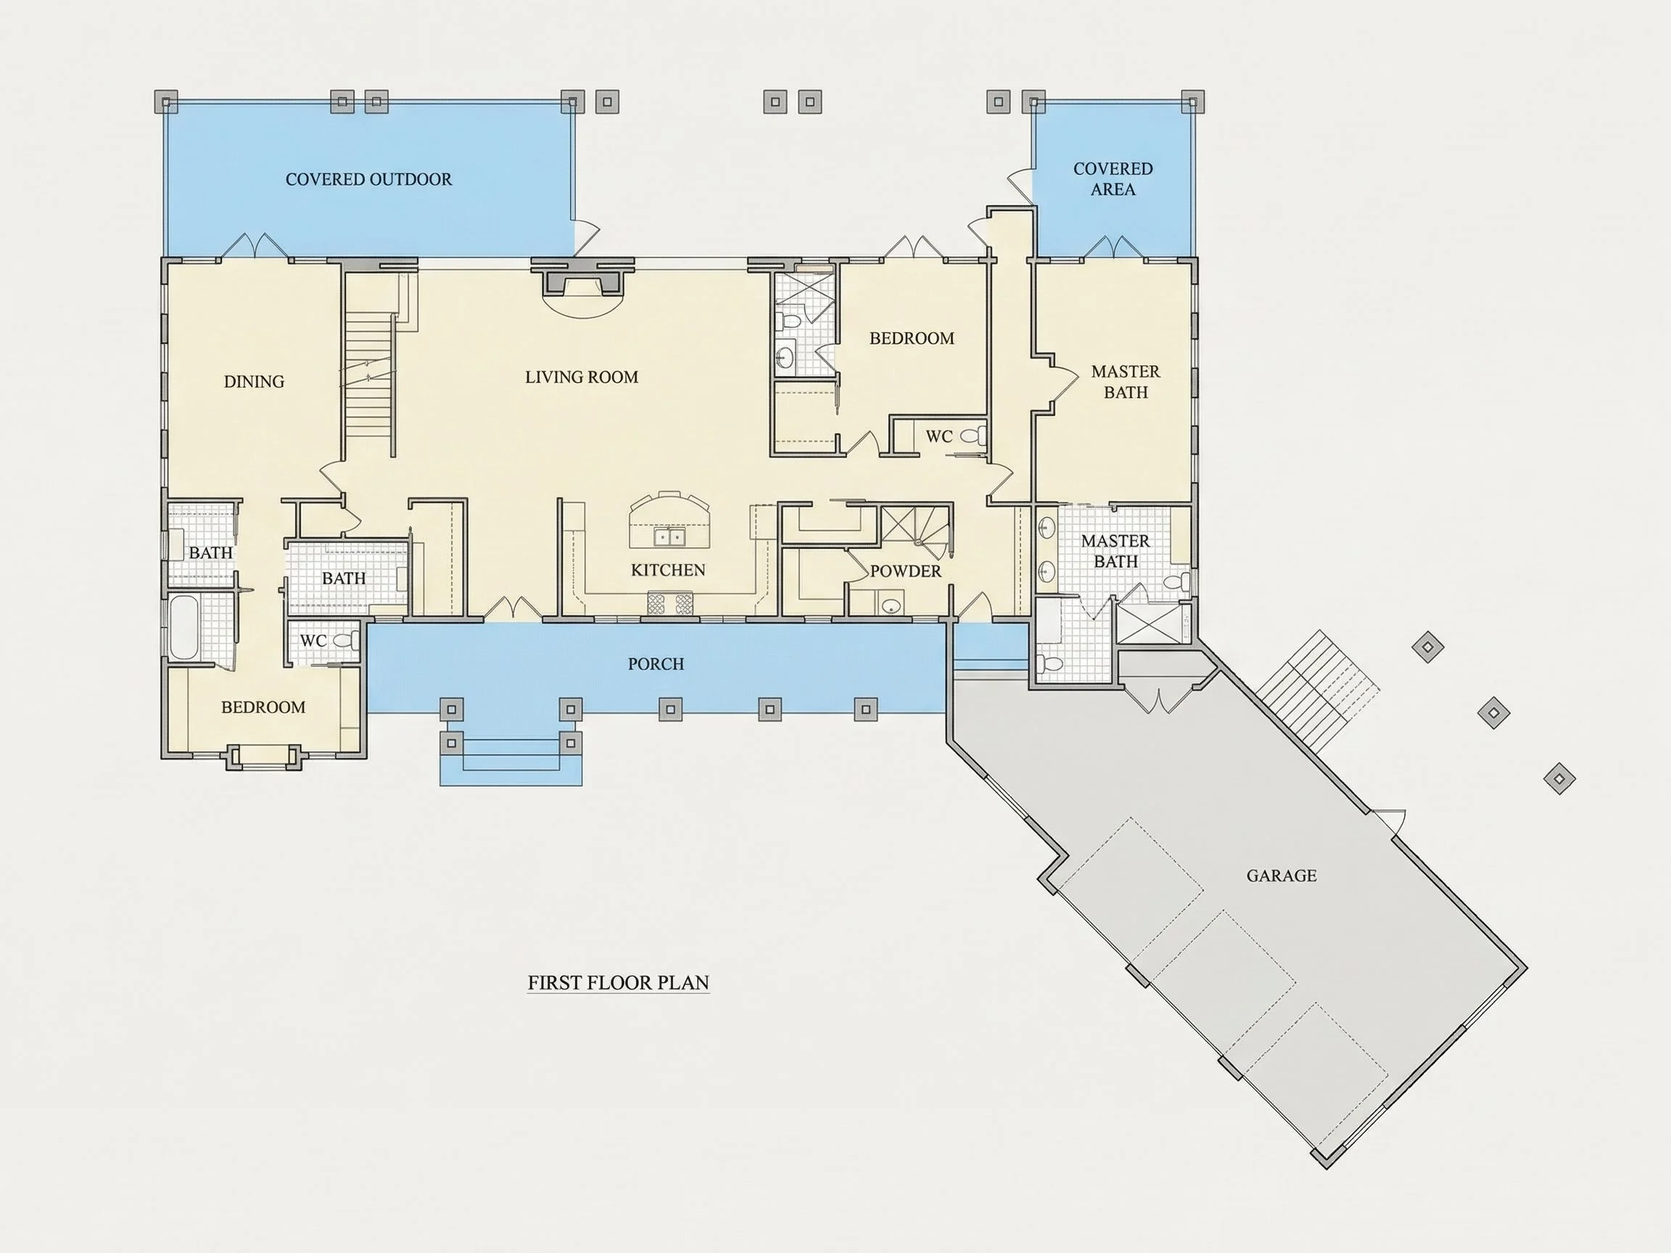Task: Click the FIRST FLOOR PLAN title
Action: coord(618,983)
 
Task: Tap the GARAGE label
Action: coord(1282,875)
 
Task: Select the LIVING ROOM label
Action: coord(582,377)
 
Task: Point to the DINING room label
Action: coord(254,381)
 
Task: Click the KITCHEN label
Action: coord(668,570)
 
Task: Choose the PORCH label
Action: coord(656,664)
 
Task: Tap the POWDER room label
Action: coord(906,571)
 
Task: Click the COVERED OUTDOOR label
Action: coord(368,179)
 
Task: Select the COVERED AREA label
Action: coord(1113,179)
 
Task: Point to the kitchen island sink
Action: coord(669,537)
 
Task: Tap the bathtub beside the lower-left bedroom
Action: coord(183,628)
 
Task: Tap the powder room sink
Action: coord(891,605)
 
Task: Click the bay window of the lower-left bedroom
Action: coord(264,757)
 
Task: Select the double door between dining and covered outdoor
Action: coord(255,247)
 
